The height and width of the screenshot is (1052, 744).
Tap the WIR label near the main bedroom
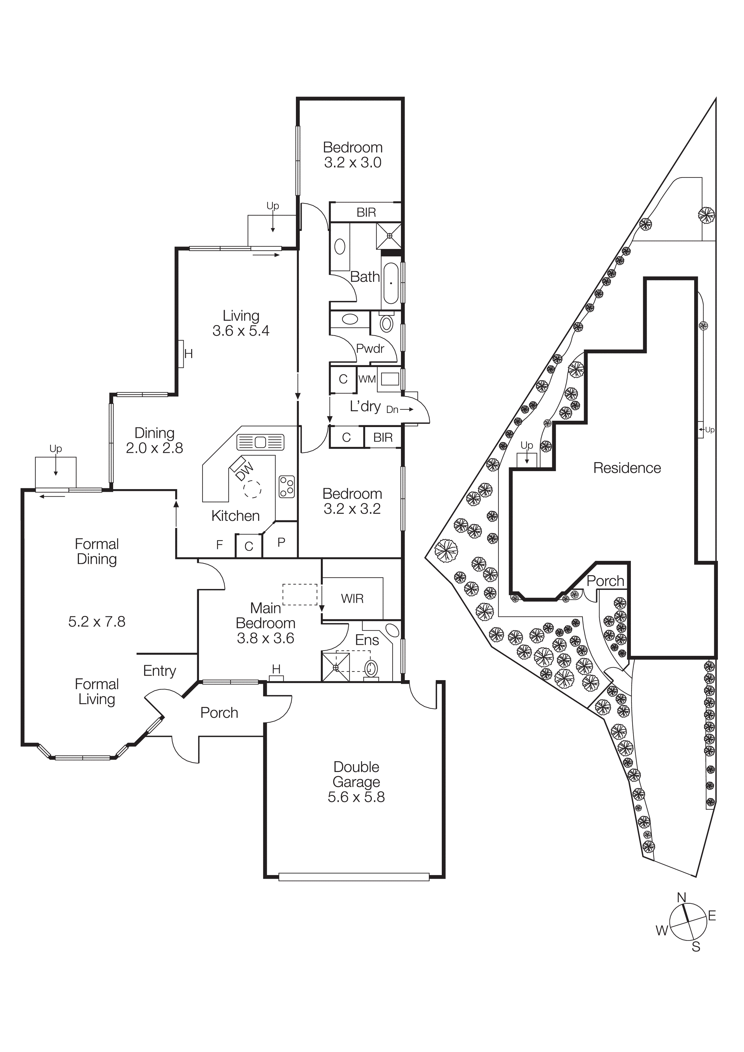coord(352,598)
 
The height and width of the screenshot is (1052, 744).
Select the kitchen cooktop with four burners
coord(287,487)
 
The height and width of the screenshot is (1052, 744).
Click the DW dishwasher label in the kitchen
coord(245,471)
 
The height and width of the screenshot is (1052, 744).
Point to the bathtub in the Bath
coord(390,283)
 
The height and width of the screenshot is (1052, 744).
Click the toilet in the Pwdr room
coord(387,324)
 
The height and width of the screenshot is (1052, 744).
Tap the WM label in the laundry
coord(367,379)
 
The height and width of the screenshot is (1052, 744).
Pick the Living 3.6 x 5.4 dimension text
coord(241,331)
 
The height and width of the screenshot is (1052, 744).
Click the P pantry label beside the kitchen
coord(282,542)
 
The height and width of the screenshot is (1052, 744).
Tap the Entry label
coord(160,671)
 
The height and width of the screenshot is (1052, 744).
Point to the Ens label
coord(367,640)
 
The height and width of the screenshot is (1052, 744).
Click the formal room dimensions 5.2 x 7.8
coord(97,622)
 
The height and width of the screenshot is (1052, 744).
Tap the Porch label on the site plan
coord(605,581)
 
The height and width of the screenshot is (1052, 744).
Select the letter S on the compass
coord(696,947)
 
